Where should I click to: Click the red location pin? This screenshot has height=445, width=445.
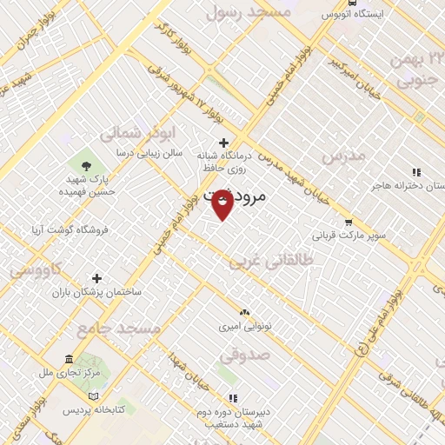tap(222, 203)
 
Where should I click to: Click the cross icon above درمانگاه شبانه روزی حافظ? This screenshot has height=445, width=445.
tap(223, 143)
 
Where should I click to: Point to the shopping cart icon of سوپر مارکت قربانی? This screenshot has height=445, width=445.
tap(349, 222)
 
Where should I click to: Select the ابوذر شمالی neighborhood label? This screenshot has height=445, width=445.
tap(130, 132)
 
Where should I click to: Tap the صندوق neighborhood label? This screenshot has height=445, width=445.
tap(244, 355)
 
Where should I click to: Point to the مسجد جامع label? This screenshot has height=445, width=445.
tap(117, 329)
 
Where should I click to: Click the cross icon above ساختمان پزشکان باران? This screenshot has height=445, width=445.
tap(97, 278)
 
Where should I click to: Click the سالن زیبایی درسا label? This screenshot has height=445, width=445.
tap(150, 152)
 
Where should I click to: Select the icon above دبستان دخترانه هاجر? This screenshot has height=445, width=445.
tap(415, 172)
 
